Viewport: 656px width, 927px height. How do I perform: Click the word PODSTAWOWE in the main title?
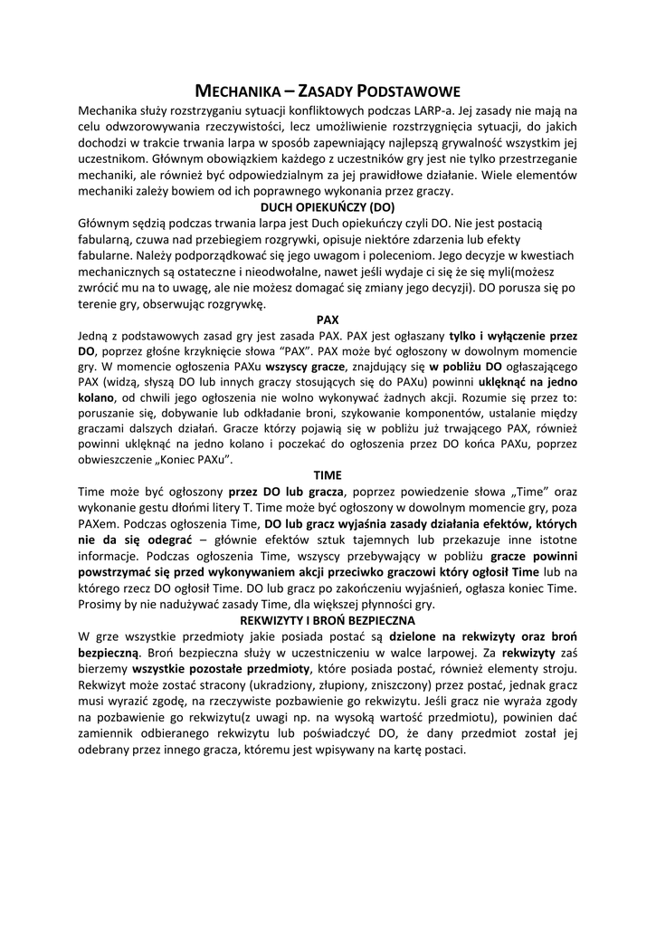(409, 91)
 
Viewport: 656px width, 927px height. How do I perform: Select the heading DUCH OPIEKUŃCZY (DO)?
(328, 206)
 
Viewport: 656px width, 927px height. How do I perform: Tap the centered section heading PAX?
(328, 320)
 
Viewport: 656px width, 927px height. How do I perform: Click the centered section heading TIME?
(328, 475)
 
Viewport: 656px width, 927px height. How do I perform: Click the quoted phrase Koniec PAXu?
(194, 461)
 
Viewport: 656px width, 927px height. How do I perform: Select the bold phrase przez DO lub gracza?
(280, 492)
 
